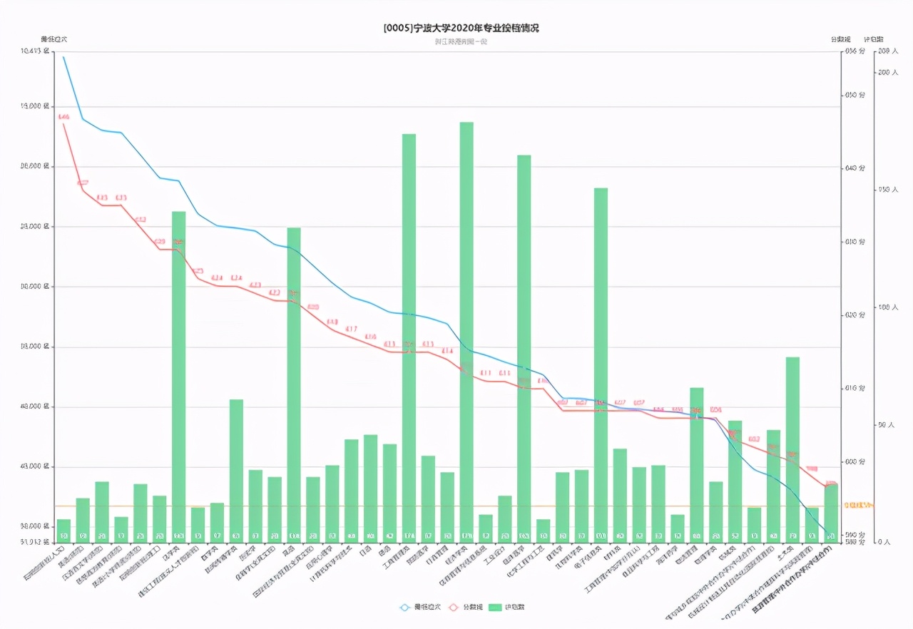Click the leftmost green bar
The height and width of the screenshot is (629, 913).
click(63, 530)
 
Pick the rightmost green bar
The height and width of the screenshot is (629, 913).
click(830, 512)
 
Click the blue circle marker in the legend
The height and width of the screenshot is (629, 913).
click(405, 607)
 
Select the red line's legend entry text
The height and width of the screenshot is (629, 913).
click(474, 607)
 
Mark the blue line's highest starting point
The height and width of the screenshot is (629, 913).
click(63, 57)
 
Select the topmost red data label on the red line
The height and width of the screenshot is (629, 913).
click(63, 116)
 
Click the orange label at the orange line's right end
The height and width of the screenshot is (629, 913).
click(858, 505)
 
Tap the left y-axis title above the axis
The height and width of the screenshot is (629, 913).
click(53, 39)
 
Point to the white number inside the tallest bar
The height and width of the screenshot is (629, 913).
click(466, 536)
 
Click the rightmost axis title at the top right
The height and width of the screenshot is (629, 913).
click(873, 39)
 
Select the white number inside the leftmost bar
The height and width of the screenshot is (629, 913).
click(63, 536)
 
